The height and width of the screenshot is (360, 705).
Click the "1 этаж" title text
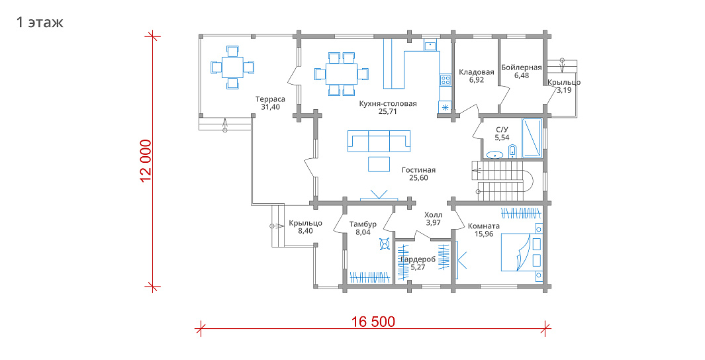(x=40, y=22)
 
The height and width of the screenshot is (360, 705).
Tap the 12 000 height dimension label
(x=146, y=161)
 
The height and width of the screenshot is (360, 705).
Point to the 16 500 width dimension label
(x=373, y=322)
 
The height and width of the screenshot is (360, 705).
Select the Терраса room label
(x=270, y=99)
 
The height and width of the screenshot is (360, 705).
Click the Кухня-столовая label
(x=387, y=103)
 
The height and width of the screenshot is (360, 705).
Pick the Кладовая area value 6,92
(x=476, y=80)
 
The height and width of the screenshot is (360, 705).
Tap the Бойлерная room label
(x=522, y=67)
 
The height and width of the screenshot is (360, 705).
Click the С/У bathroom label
(x=502, y=130)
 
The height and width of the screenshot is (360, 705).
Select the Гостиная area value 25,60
(x=418, y=178)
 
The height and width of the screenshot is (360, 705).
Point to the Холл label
(x=433, y=215)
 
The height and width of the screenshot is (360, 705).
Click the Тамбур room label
(x=363, y=224)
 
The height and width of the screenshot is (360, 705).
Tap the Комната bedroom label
(x=484, y=226)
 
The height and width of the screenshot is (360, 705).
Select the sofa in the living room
(x=379, y=142)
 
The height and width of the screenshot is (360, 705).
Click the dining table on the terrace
(x=232, y=67)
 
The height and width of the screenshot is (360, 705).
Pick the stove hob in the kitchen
(x=445, y=81)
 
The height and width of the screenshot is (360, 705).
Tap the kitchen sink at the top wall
(x=430, y=46)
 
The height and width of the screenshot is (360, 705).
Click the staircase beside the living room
(x=502, y=180)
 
